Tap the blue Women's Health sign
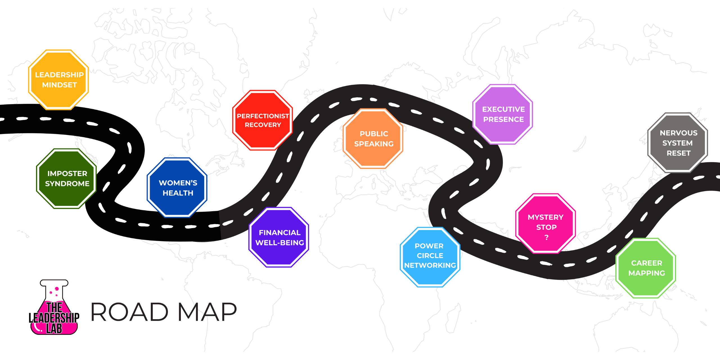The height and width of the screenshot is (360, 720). (x=177, y=188)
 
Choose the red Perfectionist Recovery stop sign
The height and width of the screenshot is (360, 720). (x=263, y=120)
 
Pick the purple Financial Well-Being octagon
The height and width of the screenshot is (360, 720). (x=279, y=237)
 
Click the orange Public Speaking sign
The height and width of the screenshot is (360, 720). (x=373, y=139)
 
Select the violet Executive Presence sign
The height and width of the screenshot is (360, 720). (x=503, y=114)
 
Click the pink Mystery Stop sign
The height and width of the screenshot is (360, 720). (x=546, y=223)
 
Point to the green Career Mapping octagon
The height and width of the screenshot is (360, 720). (x=646, y=268)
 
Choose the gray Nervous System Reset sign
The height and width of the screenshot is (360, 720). (x=678, y=143)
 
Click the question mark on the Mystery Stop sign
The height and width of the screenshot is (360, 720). (x=546, y=237)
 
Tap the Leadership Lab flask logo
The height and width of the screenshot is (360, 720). (x=54, y=308)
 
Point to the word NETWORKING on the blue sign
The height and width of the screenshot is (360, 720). (x=430, y=265)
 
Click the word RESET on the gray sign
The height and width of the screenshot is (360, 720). (x=678, y=153)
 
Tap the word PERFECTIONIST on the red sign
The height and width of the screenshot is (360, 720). (x=263, y=116)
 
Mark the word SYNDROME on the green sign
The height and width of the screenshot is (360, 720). (x=67, y=184)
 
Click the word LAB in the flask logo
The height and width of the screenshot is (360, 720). (x=54, y=328)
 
